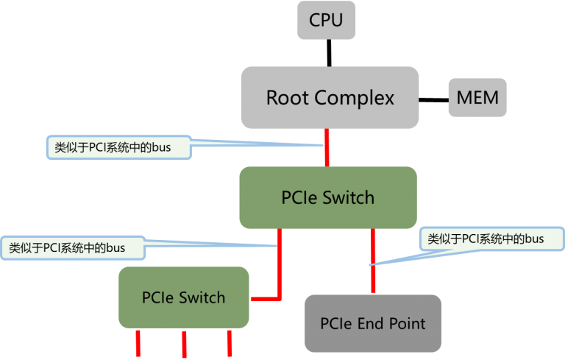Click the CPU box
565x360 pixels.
(x=326, y=21)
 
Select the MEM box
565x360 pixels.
(x=477, y=98)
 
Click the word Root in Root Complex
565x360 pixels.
(x=288, y=98)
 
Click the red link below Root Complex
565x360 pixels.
(x=326, y=147)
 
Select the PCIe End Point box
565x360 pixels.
(x=373, y=323)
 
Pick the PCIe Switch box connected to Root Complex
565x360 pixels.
(x=328, y=197)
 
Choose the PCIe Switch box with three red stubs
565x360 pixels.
(x=183, y=297)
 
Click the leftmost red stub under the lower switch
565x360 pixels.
(x=138, y=342)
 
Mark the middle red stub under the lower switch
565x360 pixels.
(x=183, y=343)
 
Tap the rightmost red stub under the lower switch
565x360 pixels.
(x=230, y=342)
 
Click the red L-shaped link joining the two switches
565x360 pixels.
(x=280, y=272)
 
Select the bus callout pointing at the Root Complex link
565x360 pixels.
(x=118, y=147)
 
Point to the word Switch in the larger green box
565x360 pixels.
(x=349, y=197)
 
